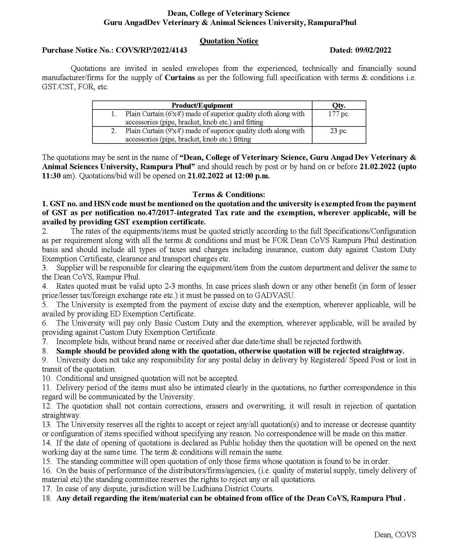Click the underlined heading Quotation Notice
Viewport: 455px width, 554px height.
tap(229, 41)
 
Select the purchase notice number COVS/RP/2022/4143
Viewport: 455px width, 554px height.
tap(151, 50)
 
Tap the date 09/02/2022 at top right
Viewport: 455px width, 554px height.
tap(373, 50)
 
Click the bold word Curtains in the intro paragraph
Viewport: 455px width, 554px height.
tap(180, 77)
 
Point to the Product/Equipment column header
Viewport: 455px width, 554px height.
tap(202, 105)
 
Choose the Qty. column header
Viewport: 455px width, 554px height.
tap(339, 105)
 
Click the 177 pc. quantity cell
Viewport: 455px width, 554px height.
tap(339, 114)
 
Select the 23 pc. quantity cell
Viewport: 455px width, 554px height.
tap(339, 131)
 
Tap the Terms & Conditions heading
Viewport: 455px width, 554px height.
tap(229, 194)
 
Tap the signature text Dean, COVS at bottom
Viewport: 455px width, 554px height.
tap(395, 535)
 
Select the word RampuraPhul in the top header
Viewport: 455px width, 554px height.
tap(332, 22)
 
